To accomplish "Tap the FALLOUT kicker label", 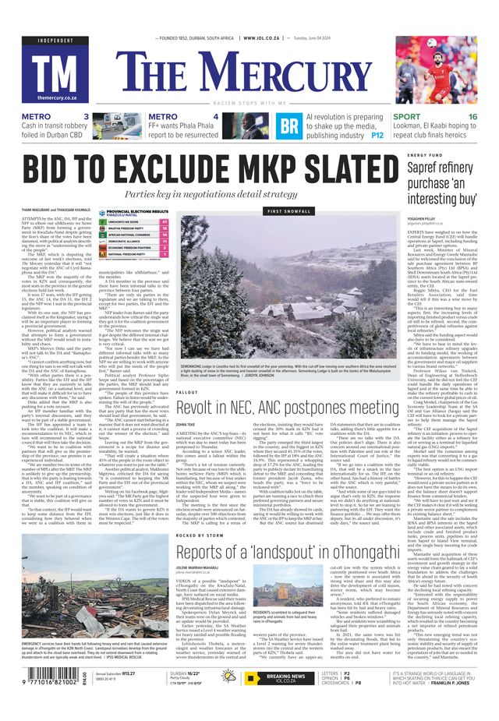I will pos(187,393).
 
